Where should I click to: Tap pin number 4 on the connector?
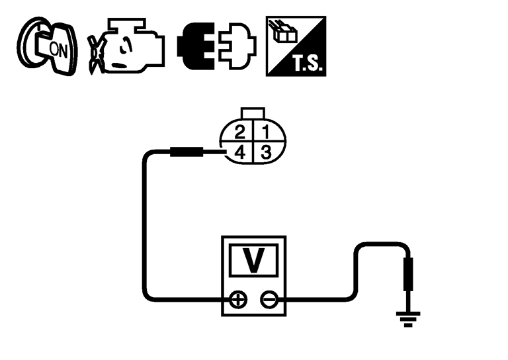point(240,152)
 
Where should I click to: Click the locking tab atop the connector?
point(254,114)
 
